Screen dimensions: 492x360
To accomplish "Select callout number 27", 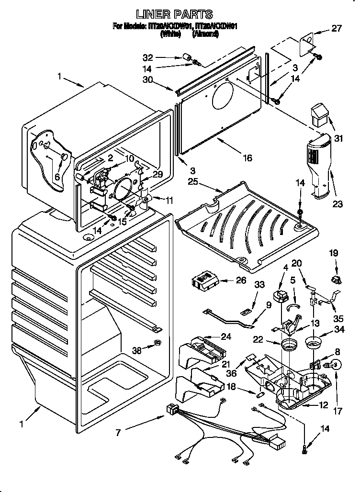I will (x=337, y=28).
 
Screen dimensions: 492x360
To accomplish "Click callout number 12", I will (x=324, y=405).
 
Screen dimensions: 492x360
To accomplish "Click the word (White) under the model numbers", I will (x=170, y=34).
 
